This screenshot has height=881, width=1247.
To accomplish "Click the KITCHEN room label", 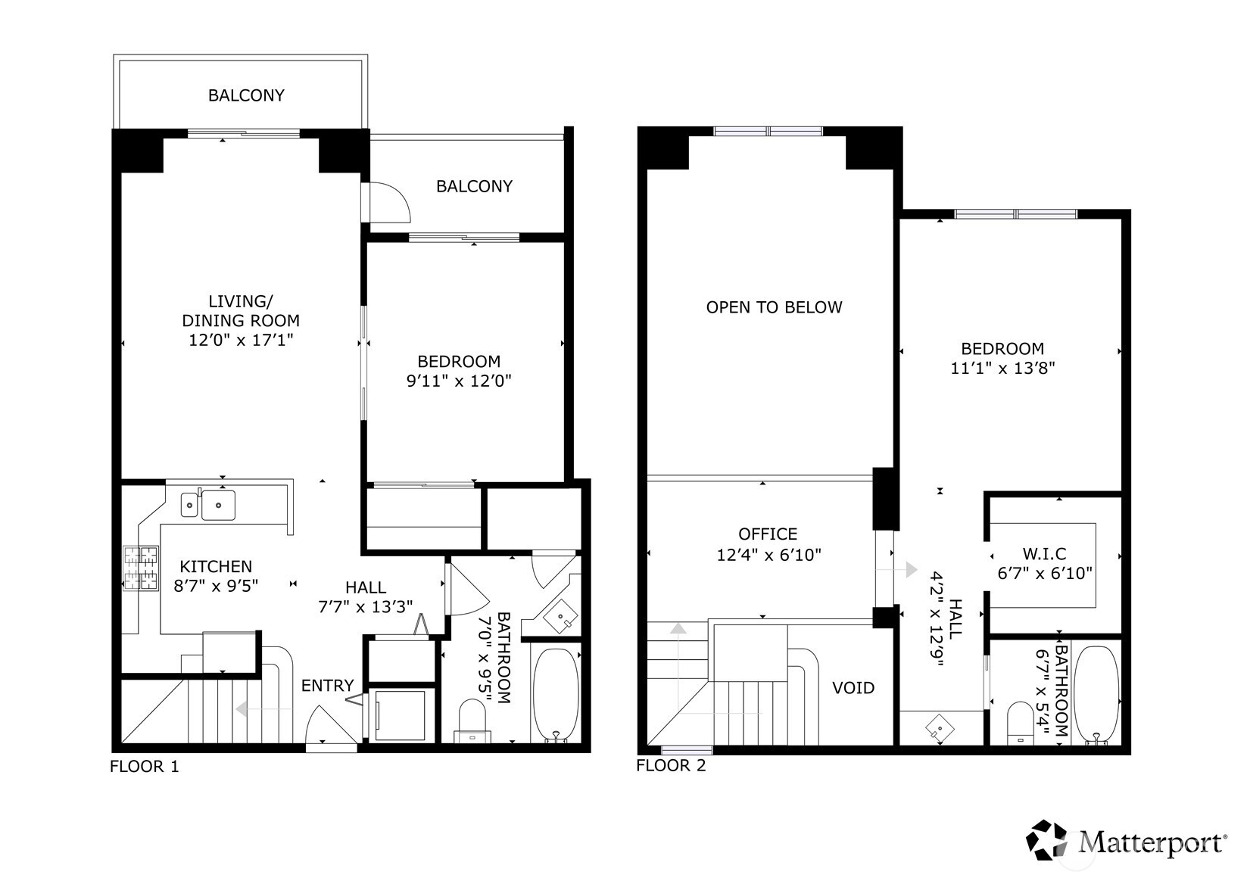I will coord(216,566).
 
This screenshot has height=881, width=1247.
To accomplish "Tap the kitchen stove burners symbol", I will coord(142,568).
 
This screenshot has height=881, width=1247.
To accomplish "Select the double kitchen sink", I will coord(208,505).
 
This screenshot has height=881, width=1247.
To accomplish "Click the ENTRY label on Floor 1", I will coord(327,686).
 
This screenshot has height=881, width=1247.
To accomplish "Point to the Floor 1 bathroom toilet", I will coord(472,717).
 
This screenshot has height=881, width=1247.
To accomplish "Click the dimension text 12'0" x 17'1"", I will coord(241,341).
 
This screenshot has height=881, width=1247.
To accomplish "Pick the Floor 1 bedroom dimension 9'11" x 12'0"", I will coord(459,381).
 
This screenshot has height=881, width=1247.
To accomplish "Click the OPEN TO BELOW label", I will coord(774,307).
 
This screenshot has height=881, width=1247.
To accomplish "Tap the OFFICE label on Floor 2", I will coord(768,534).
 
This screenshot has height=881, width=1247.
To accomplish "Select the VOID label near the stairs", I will coord(853,688).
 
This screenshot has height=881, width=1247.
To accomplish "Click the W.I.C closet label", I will coord(1044,554).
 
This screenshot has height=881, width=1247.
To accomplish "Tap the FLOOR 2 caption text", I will coord(670,766).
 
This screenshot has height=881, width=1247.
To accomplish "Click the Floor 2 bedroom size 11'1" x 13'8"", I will coord(1002,369).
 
